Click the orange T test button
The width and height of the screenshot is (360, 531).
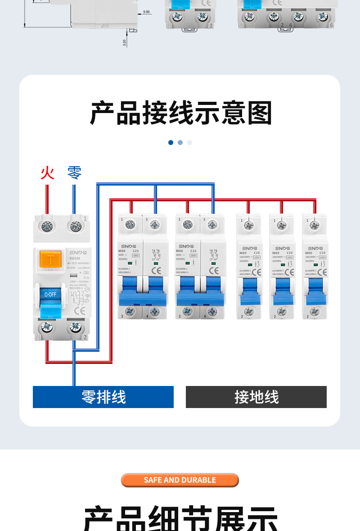click(50, 260)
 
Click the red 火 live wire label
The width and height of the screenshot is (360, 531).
click(47, 173)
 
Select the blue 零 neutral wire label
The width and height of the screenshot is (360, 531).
click(74, 173)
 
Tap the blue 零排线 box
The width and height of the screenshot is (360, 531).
click(103, 397)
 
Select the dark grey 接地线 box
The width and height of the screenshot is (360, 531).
click(256, 397)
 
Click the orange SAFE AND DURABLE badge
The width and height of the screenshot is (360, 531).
click(180, 480)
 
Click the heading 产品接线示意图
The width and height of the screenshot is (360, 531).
click(180, 113)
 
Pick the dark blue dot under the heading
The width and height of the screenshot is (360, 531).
click(171, 142)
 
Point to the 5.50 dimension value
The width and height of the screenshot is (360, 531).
click(147, 12)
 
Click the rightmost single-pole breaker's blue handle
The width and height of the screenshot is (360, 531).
click(315, 290)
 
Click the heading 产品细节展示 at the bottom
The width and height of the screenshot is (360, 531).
click(180, 518)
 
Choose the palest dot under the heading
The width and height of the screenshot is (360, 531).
click(189, 142)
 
